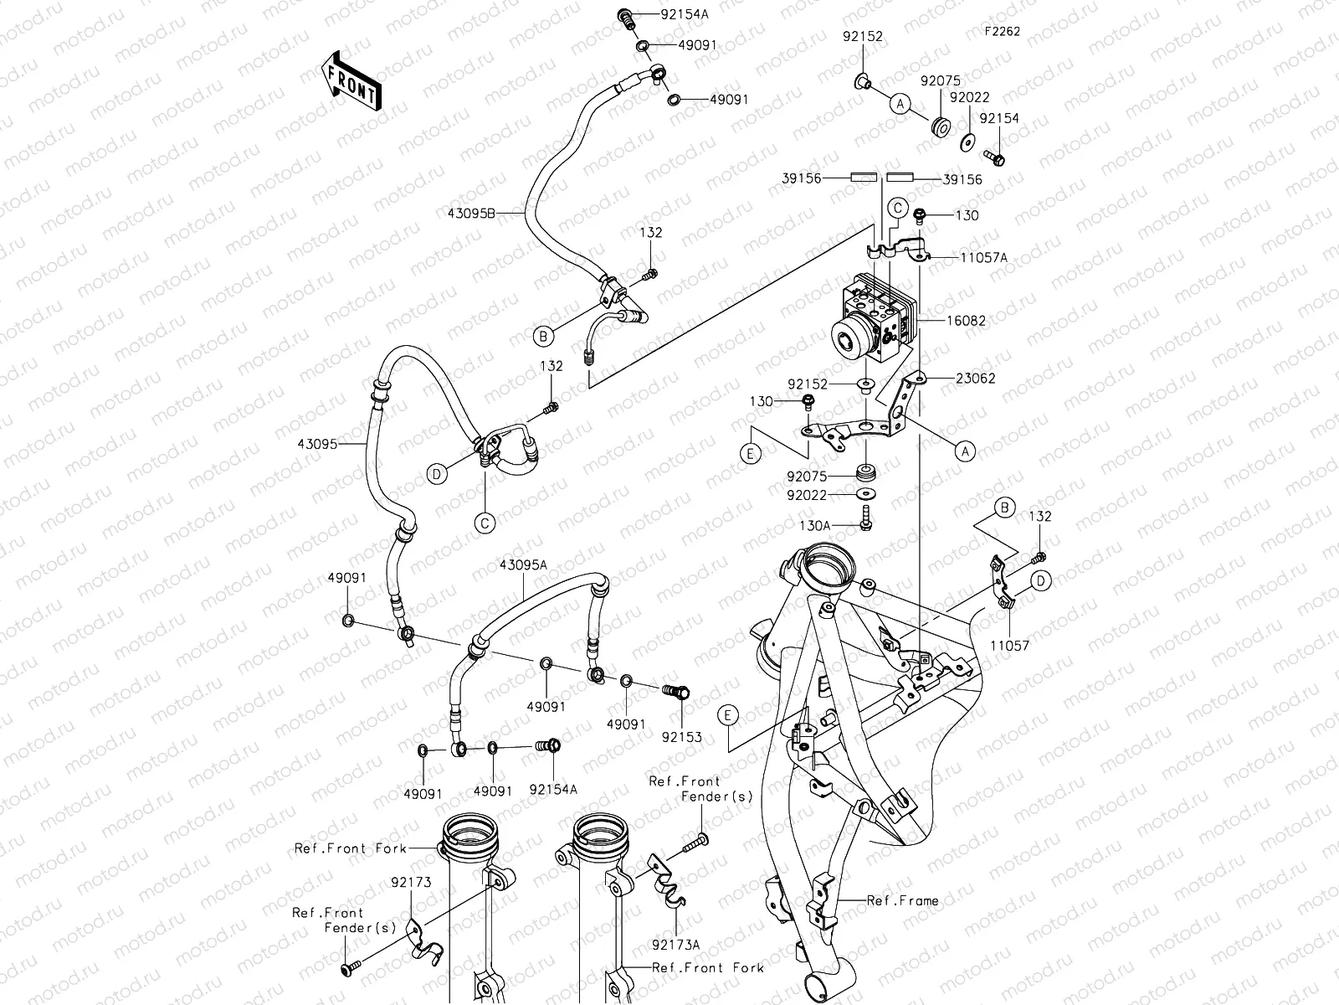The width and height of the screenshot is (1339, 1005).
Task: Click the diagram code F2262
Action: click(1002, 31)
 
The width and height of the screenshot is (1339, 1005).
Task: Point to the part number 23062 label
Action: click(976, 378)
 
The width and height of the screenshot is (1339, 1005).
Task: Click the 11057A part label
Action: click(984, 258)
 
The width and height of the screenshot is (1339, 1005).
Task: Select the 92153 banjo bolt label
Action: click(681, 738)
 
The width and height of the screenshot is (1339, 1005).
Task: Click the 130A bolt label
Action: click(813, 526)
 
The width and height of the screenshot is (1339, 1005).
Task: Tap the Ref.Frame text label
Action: click(902, 901)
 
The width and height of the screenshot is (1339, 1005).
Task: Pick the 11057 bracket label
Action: click(1008, 647)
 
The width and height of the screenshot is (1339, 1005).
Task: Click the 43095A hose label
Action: click(523, 565)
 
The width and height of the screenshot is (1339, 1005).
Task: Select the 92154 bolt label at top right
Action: click(999, 119)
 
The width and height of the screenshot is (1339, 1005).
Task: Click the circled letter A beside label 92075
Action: click(900, 104)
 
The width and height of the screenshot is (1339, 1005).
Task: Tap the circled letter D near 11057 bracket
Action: click(1040, 580)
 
